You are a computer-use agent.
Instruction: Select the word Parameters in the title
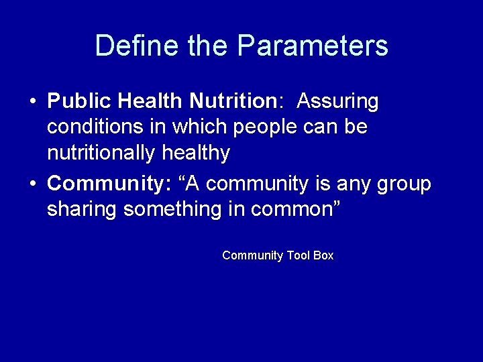(313, 46)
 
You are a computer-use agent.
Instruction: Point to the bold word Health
(150, 101)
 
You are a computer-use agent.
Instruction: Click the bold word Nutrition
(232, 101)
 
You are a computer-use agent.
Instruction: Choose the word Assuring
(337, 101)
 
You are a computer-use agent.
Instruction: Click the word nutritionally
(102, 153)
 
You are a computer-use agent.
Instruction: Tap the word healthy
(197, 153)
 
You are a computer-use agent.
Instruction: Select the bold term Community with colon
(109, 183)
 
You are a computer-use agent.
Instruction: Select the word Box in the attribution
(323, 255)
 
